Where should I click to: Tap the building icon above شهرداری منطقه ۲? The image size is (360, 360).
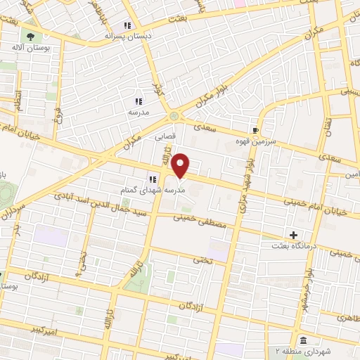[x=302, y=340]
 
